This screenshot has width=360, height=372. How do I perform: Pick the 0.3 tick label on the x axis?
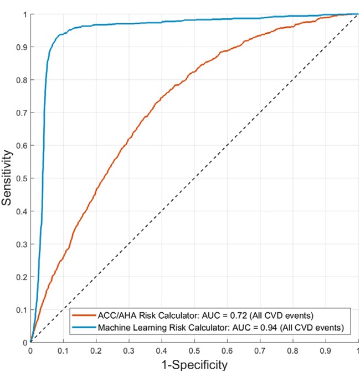tap(128, 350)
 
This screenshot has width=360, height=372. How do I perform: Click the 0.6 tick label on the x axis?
tap(227, 350)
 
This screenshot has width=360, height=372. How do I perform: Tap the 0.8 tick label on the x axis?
tap(292, 350)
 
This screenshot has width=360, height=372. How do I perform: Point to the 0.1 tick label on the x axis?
tap(63, 350)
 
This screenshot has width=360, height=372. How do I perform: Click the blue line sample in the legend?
tap(84, 328)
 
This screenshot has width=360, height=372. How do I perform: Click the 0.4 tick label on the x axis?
tap(161, 350)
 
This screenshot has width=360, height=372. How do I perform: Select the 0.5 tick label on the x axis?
tap(194, 350)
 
